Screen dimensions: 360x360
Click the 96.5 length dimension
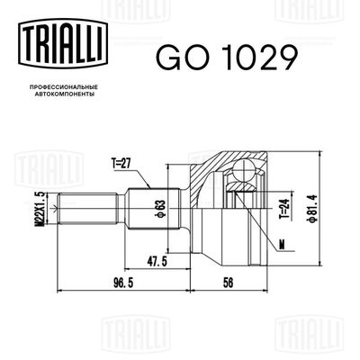(x=111, y=283)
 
